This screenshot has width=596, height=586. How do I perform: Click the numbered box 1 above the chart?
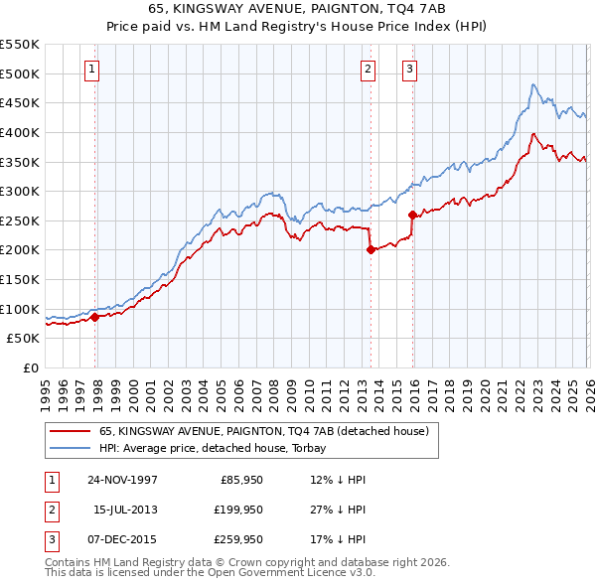[x=91, y=69]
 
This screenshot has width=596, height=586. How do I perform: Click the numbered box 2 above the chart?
[x=368, y=69]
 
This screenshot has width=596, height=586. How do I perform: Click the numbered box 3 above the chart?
[x=409, y=69]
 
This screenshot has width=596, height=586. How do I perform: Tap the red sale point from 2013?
[x=370, y=250]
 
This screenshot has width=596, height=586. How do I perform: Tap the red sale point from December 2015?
[x=411, y=215]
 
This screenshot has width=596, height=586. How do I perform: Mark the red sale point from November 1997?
[x=95, y=318]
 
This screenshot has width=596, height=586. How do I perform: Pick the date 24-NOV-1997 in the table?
[x=122, y=479]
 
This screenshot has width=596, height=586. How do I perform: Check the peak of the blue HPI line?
[x=533, y=84]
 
